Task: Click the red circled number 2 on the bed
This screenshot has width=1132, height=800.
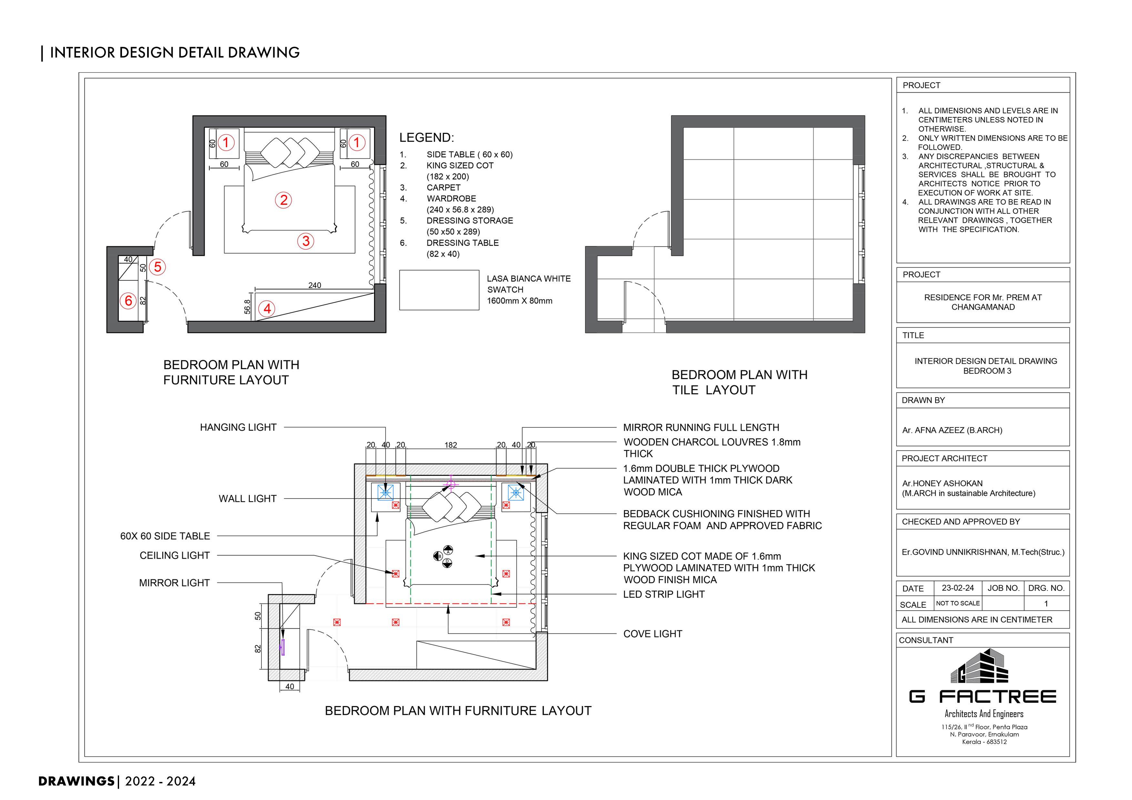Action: point(284,200)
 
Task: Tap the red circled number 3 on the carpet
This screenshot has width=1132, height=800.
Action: point(306,241)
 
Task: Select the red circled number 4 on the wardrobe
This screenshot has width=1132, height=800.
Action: point(267,309)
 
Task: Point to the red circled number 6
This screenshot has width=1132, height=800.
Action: point(128,300)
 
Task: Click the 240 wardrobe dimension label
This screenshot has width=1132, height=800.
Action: point(315,285)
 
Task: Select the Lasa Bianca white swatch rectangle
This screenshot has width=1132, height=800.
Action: point(439,290)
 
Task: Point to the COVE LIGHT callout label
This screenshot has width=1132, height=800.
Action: point(652,634)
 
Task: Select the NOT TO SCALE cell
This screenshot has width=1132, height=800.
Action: point(957,603)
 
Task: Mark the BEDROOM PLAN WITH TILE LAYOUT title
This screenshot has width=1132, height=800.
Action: point(739,383)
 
